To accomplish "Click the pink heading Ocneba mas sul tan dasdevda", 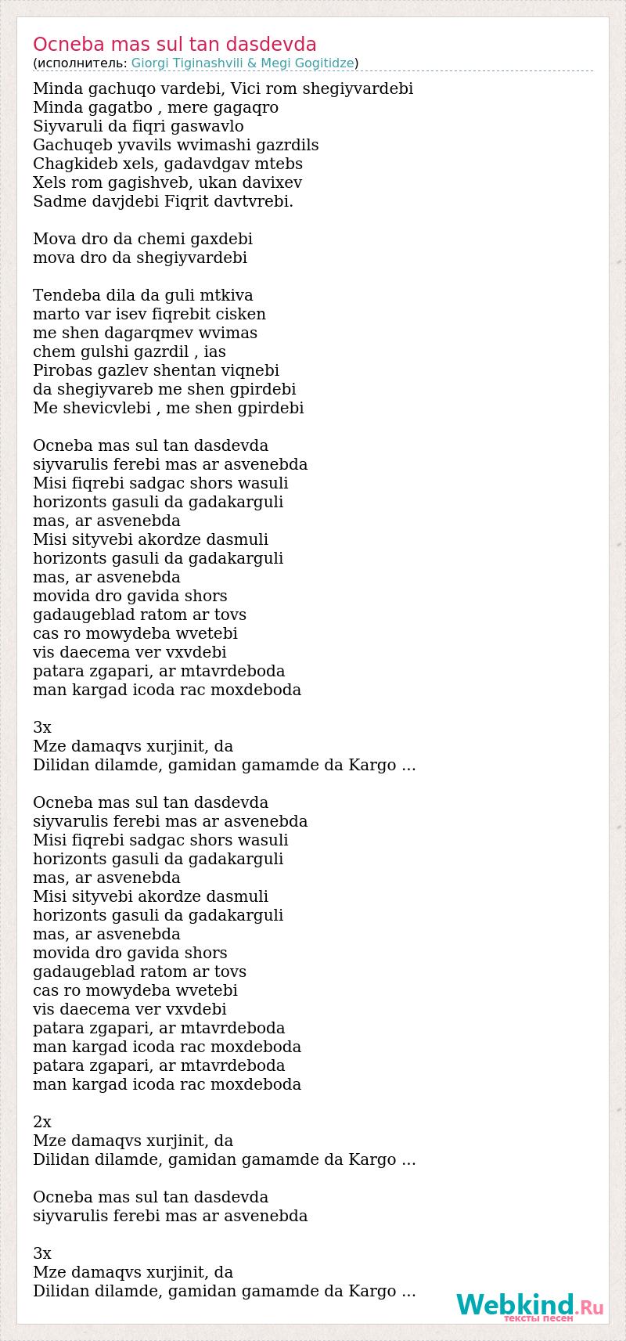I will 174,44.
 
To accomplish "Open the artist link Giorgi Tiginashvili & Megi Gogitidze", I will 243,63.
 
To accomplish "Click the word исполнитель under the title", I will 81,63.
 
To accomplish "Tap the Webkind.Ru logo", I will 530,1305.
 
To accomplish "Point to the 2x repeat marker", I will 42,1122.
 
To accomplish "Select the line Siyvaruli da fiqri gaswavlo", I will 139,126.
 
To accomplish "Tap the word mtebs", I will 279,164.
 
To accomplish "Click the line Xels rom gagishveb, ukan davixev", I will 167,182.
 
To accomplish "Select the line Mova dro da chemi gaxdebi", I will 143,239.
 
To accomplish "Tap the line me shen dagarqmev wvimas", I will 146,333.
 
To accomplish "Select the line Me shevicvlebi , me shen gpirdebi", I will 168,408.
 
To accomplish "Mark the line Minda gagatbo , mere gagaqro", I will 156,107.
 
